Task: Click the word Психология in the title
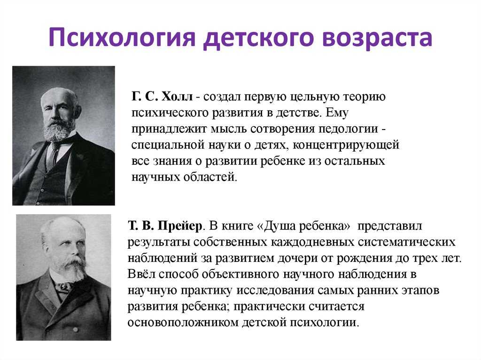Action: (x=122, y=38)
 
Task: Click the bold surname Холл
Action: (x=177, y=97)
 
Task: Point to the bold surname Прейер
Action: (x=180, y=226)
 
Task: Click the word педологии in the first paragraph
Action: (x=348, y=129)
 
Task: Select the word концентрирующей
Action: (x=346, y=145)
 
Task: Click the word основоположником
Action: (x=183, y=322)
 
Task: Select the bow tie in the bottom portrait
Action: (x=63, y=287)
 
